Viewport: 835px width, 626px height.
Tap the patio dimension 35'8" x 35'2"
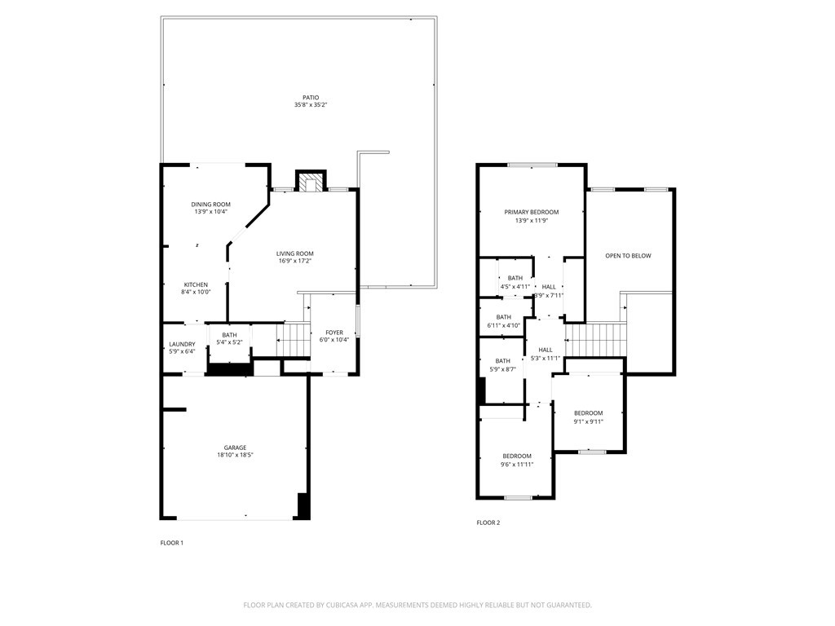pos(311,105)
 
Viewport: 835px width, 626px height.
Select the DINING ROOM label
pos(210,205)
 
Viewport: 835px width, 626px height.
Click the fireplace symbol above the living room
pos(310,183)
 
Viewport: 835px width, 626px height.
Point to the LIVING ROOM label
pos(294,253)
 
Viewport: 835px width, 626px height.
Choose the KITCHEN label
pos(196,284)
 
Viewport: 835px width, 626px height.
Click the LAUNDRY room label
pos(182,344)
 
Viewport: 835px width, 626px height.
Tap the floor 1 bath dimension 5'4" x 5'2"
pos(229,342)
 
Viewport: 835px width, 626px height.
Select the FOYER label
pos(334,333)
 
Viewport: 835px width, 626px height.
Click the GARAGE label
pos(236,447)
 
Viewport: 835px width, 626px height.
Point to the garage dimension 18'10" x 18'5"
pos(236,455)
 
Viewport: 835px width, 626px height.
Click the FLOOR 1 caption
pos(171,543)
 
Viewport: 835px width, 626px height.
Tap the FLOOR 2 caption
pos(488,522)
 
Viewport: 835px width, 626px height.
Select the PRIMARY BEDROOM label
pos(531,212)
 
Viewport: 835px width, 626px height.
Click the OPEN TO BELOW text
pos(628,256)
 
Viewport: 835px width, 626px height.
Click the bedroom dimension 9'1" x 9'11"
pos(588,421)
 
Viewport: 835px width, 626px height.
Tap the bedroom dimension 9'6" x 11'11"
pos(517,464)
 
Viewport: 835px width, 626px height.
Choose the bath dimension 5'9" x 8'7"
pos(502,369)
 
